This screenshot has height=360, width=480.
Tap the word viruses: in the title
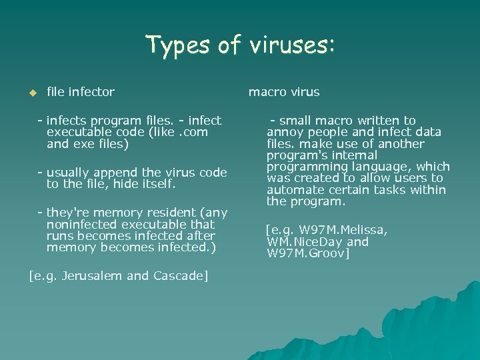(x=292, y=45)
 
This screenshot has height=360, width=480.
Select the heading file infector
(x=81, y=92)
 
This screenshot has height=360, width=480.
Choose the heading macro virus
(x=284, y=92)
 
